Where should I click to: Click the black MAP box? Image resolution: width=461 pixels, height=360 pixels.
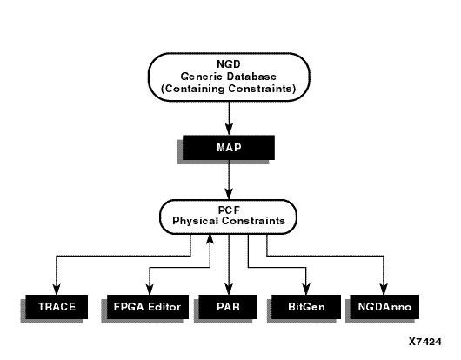229,148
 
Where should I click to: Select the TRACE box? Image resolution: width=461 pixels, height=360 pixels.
57,307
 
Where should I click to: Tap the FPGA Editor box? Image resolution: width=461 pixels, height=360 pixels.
148,307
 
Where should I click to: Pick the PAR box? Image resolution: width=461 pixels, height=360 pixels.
228,307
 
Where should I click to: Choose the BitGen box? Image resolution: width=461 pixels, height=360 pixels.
306,307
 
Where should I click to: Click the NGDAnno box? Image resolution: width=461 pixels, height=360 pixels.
384,307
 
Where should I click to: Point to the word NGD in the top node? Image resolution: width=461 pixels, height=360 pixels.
229,64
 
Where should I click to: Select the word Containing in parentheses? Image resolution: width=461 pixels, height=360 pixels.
193,89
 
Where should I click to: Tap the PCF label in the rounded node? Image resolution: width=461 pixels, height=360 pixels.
229,210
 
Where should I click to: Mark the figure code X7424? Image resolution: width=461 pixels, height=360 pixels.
425,342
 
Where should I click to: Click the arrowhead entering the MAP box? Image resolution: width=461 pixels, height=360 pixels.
229,130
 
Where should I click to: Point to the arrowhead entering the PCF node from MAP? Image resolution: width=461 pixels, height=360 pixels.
229,193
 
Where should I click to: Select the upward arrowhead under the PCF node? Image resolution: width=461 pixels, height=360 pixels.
210,239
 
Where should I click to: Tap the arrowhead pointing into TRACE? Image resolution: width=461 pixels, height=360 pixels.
57,290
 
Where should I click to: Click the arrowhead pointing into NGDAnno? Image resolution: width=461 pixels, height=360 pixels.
384,290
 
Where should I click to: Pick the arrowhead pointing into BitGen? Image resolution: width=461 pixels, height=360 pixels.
306,290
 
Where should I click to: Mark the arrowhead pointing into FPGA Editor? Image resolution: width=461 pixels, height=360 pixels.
150,290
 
